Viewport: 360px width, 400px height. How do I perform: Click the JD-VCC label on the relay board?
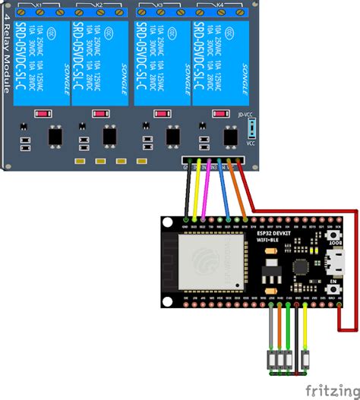click(245, 115)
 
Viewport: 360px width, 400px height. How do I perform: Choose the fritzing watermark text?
click(332, 389)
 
